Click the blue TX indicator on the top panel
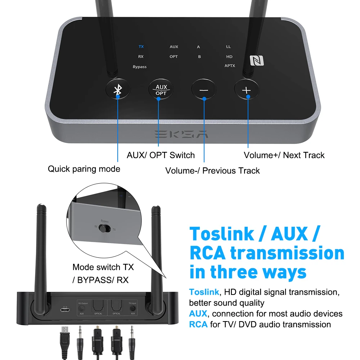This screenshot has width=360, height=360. tap(141, 47)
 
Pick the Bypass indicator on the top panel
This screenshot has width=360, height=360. tap(140, 67)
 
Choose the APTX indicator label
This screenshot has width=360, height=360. tap(230, 66)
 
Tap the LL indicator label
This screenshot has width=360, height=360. tap(229, 47)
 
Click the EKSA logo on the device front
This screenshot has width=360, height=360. tap(182, 134)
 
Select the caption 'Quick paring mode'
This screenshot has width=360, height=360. tap(84, 169)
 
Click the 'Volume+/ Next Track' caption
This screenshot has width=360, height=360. tap(284, 155)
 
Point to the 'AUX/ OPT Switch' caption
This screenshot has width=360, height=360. tap(161, 155)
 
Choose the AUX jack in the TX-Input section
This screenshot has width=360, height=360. tap(133, 308)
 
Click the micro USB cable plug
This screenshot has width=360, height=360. tap(65, 333)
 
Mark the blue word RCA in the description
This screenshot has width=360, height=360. tap(198, 324)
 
